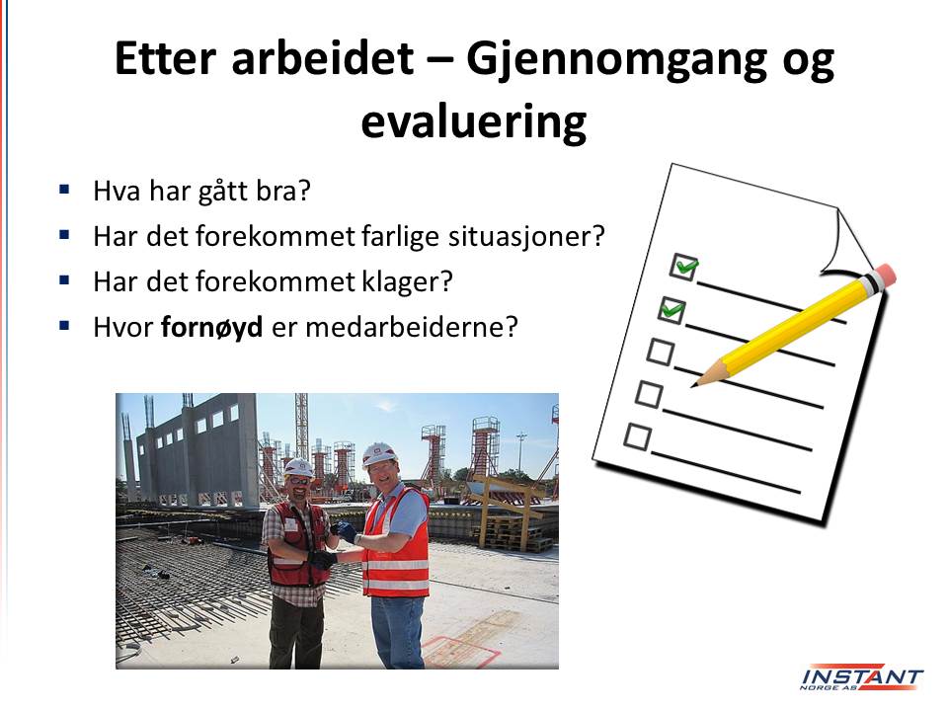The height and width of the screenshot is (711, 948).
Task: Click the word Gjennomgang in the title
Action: pos(615,61)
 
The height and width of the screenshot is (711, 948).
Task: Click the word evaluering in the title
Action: pos(474,122)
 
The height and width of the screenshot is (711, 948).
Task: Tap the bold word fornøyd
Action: pos(211,328)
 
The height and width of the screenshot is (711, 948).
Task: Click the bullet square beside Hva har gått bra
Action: pos(65,190)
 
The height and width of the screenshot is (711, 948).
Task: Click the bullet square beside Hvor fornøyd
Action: pos(65,326)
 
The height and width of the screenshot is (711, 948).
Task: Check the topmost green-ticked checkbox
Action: pos(683,266)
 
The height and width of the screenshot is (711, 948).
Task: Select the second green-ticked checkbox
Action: pos(671,311)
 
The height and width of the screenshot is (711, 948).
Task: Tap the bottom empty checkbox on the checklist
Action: pos(637,436)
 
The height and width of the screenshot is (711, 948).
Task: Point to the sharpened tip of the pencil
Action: pos(693,384)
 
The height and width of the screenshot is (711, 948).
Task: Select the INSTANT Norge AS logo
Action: pos(861,678)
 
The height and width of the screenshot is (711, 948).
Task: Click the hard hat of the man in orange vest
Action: pos(379,453)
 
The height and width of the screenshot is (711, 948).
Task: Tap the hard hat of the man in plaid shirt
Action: pos(298,467)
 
